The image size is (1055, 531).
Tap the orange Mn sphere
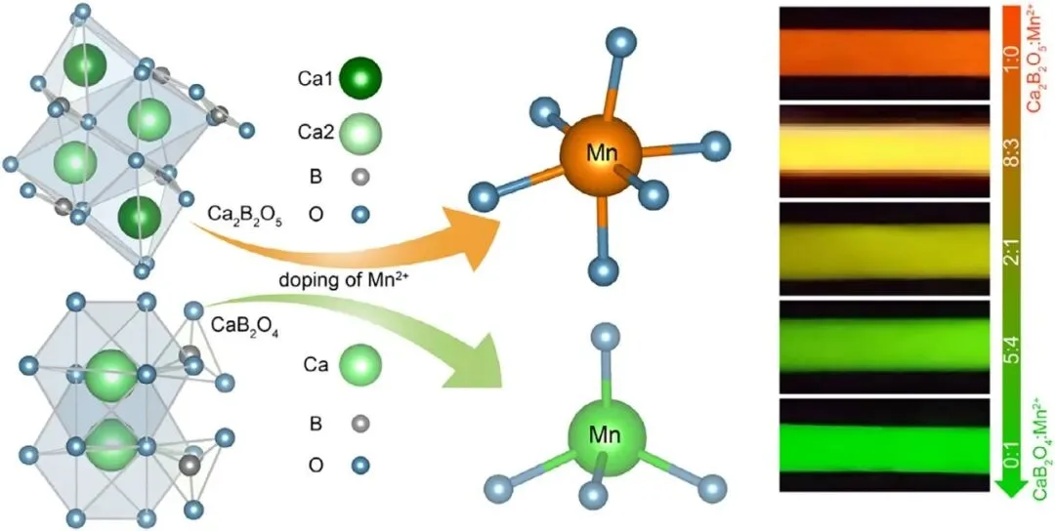(601, 154)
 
